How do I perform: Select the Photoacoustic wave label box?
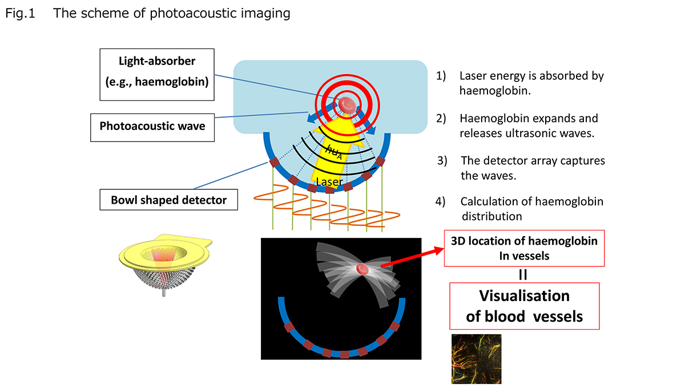coord(152,126)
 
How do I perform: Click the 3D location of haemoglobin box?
coord(524,249)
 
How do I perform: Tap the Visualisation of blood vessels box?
coord(524,306)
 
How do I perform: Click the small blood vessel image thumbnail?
coord(476,359)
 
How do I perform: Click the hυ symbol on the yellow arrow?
coord(335,151)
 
